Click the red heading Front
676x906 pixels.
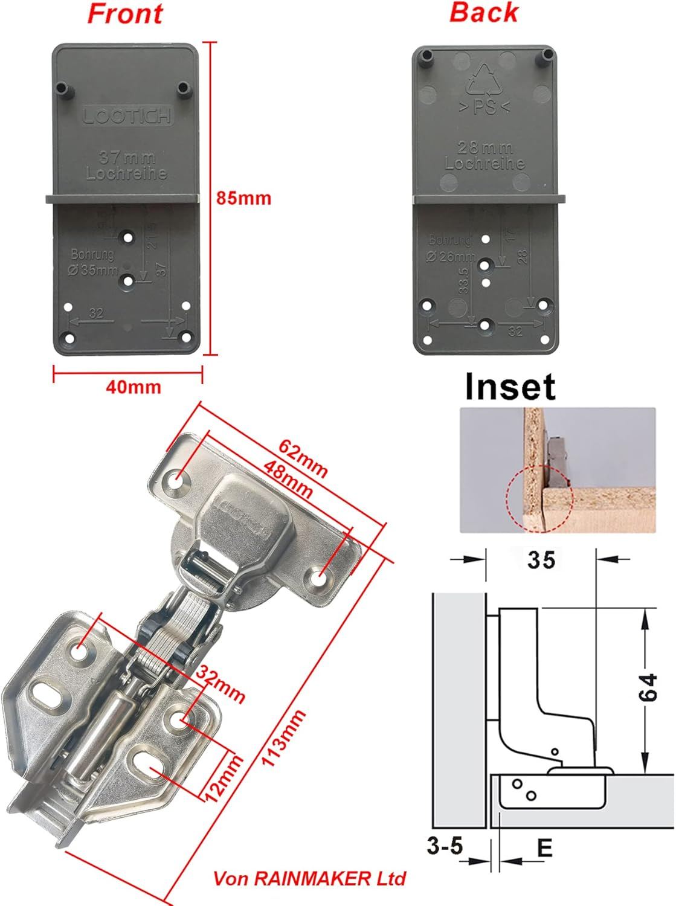(x=125, y=13)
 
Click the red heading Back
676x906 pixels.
(x=483, y=12)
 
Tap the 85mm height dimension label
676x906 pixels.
(x=243, y=198)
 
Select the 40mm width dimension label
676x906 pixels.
(x=134, y=387)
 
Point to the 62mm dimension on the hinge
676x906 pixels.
(x=303, y=457)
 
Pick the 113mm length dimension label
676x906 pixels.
(x=284, y=738)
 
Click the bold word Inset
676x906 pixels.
(x=510, y=387)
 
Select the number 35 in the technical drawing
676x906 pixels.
(x=541, y=560)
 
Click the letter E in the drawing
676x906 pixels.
(x=544, y=848)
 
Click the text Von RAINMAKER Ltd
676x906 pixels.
(x=309, y=878)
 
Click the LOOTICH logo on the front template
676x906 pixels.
(x=127, y=115)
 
